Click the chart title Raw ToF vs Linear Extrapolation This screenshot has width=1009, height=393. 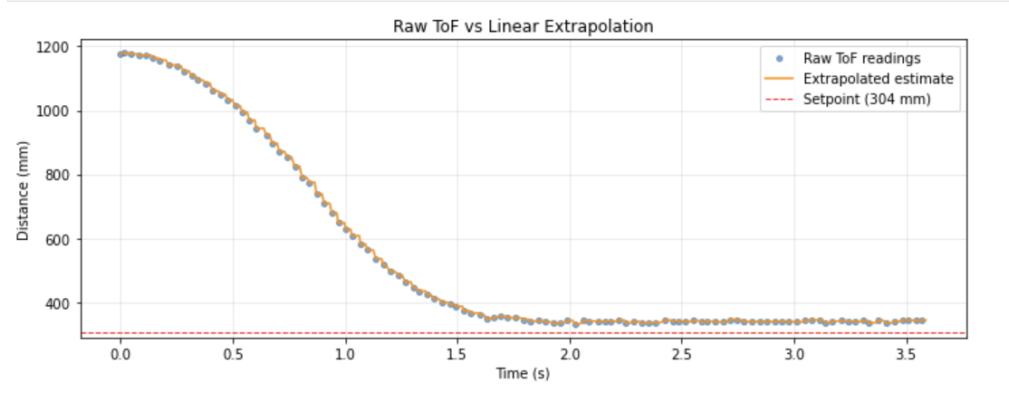pos(523,26)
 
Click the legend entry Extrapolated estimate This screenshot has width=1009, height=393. pos(878,79)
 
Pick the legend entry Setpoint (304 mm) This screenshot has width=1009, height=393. pos(867,99)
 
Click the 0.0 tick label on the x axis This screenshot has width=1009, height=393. pos(120,352)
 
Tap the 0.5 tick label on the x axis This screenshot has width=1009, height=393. pos(232,352)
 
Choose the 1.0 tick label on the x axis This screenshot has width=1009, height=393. pos(345,352)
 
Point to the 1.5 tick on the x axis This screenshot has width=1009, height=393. pos(457,352)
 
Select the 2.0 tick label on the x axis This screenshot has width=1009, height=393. pos(570,352)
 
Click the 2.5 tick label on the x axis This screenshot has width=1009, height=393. pos(682,352)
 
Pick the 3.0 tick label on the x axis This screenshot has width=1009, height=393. pos(794,352)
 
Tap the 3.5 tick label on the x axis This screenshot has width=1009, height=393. pos(907,352)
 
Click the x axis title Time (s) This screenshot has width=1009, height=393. pos(524,372)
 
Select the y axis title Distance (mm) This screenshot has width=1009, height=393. pos(24,192)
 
